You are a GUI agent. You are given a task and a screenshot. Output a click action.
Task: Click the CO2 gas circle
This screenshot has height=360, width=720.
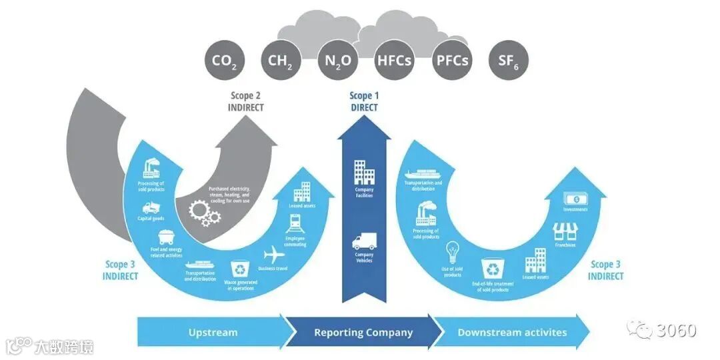(224, 61)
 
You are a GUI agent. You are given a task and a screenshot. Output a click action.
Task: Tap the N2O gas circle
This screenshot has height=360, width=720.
(338, 61)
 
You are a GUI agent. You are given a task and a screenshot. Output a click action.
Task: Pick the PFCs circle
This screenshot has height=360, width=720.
(452, 61)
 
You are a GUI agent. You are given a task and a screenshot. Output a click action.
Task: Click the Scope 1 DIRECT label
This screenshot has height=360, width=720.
(364, 102)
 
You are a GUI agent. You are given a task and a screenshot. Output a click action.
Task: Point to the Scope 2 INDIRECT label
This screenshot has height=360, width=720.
(247, 102)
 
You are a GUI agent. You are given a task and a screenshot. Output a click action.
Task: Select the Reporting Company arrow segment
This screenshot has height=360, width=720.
(363, 332)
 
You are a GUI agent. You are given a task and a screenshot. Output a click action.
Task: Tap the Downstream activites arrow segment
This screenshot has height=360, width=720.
(512, 332)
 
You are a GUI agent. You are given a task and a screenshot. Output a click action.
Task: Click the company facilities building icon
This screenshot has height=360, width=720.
(364, 172)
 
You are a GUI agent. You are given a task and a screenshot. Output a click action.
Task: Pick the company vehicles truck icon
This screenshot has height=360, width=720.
(364, 241)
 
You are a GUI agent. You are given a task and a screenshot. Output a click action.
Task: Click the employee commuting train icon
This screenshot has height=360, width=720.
(295, 223)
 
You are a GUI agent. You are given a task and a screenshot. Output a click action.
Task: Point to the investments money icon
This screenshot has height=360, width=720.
(575, 199)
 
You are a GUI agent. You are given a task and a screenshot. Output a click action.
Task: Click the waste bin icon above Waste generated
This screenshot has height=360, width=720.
(239, 269)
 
